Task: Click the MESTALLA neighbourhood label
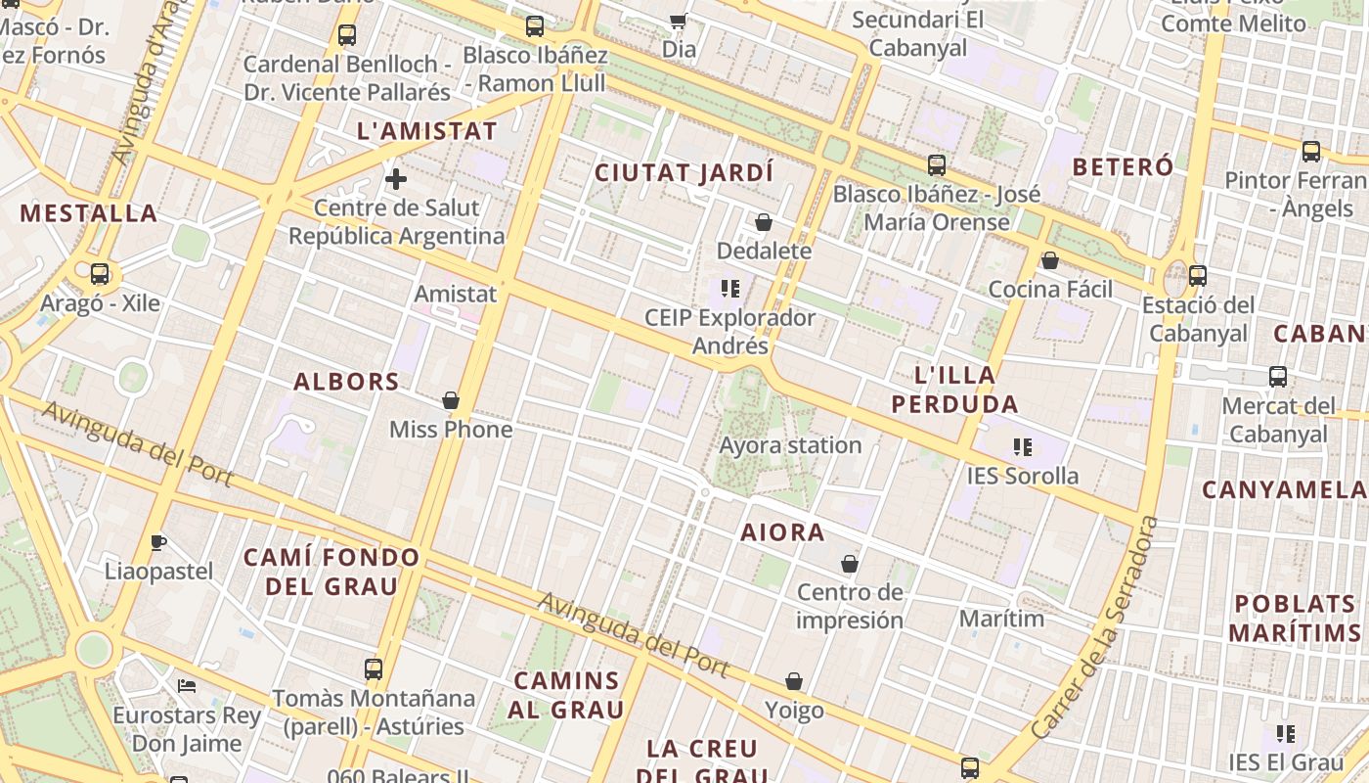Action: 88,213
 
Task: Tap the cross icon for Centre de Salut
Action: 396,179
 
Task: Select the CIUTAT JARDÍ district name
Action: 684,173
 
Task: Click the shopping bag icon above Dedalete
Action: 764,223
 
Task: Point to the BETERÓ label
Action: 1123,166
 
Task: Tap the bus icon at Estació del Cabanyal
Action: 1198,276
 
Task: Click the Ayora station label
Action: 790,445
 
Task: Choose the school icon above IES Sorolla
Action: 1023,448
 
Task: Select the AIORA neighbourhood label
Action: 782,532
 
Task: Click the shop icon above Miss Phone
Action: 451,400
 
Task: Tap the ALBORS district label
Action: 346,382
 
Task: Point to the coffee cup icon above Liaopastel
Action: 157,542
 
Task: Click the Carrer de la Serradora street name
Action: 1095,627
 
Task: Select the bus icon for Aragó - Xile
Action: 100,274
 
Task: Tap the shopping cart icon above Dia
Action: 678,21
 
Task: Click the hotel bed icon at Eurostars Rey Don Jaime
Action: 187,685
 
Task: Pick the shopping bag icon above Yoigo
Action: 794,681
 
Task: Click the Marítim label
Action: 1001,619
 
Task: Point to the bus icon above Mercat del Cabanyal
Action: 1277,377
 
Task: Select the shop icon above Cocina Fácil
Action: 1050,260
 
